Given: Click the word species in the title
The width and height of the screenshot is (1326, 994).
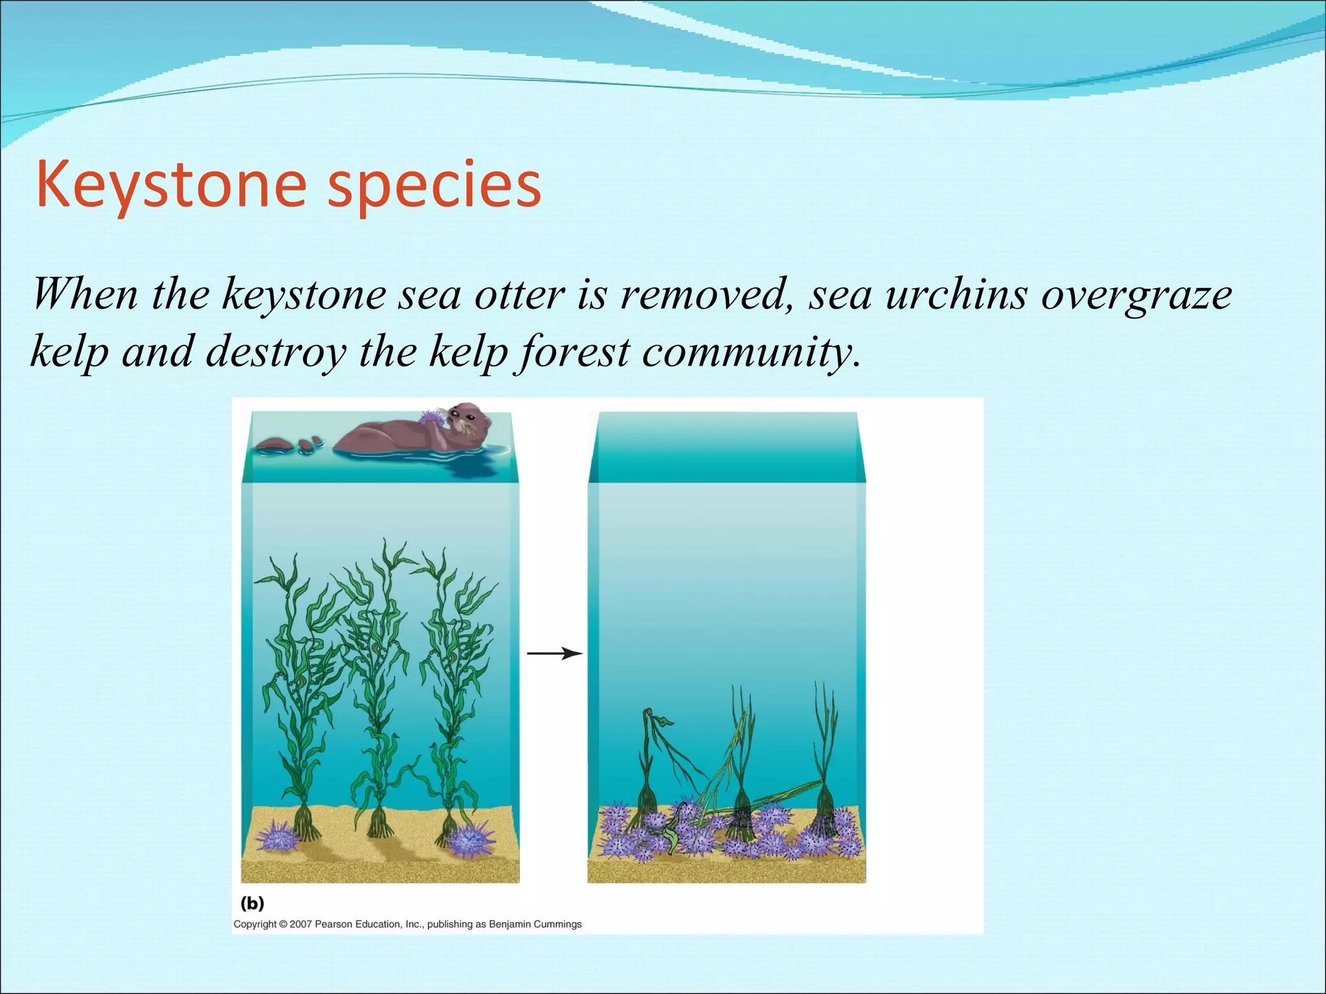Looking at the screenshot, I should (434, 186).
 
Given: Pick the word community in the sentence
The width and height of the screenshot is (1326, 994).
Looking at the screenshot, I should (751, 353).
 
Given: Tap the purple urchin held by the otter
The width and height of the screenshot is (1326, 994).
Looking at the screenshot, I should (431, 419).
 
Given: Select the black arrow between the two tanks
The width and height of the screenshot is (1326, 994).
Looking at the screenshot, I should (555, 654).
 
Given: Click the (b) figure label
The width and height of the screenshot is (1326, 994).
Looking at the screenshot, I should (253, 903).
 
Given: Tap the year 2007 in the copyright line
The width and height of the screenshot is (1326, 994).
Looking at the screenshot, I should (301, 924).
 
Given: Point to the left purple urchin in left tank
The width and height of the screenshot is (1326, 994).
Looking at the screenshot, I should (277, 836).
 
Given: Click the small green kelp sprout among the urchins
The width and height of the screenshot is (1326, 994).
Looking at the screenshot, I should (673, 835).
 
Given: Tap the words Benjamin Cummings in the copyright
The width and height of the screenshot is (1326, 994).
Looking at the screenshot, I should (535, 924).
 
